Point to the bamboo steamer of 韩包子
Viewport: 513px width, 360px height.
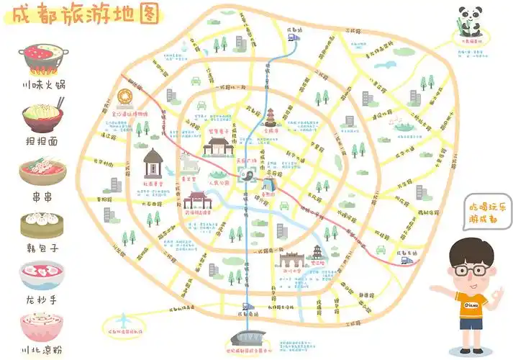42,225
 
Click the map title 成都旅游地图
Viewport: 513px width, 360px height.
81,16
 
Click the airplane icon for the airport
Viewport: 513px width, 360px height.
124,317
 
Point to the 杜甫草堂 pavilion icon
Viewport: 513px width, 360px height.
153,164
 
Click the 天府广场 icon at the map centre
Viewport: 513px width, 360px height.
245,176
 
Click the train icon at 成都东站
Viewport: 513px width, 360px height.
408,260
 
